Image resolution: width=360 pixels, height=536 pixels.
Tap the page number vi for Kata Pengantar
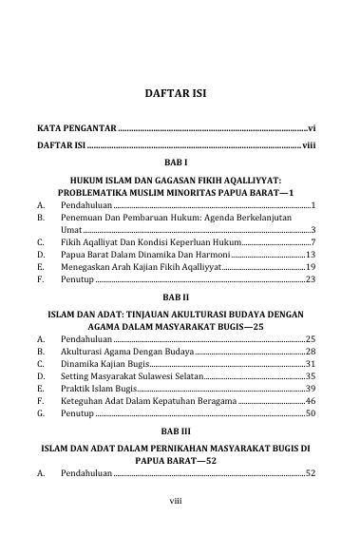point(312,126)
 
